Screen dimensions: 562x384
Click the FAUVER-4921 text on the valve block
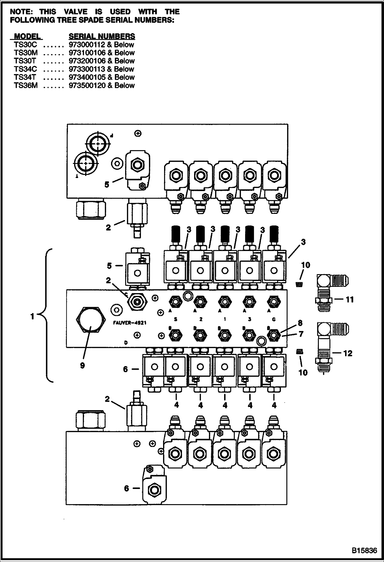(x=130, y=323)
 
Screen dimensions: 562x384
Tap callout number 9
(x=82, y=365)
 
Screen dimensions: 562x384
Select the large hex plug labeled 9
(x=91, y=320)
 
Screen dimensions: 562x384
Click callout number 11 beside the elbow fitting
(x=350, y=299)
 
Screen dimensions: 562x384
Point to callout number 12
(x=348, y=353)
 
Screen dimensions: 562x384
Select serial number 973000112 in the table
(x=87, y=45)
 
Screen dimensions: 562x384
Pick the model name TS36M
(x=26, y=85)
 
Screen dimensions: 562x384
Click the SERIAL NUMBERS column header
(x=102, y=36)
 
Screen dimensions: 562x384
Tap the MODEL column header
(x=27, y=36)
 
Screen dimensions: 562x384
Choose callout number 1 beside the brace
(x=32, y=317)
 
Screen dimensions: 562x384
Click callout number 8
(x=300, y=323)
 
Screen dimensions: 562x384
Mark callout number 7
(x=301, y=334)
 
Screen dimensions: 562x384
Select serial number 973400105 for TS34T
(x=87, y=77)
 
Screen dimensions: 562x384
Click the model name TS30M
(x=26, y=53)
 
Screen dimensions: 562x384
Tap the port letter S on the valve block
(x=176, y=319)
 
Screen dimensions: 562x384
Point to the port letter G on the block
(x=274, y=319)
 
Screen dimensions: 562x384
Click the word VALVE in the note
(x=76, y=12)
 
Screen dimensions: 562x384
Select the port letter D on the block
(x=126, y=342)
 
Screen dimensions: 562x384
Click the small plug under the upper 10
(x=298, y=284)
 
